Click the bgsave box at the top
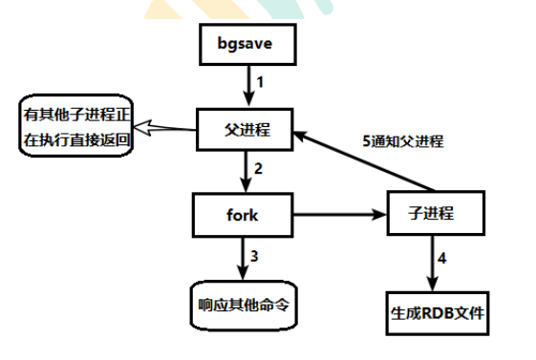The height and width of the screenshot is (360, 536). (x=247, y=44)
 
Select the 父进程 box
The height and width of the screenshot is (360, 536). (x=247, y=129)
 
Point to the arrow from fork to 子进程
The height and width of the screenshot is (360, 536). (x=339, y=215)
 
